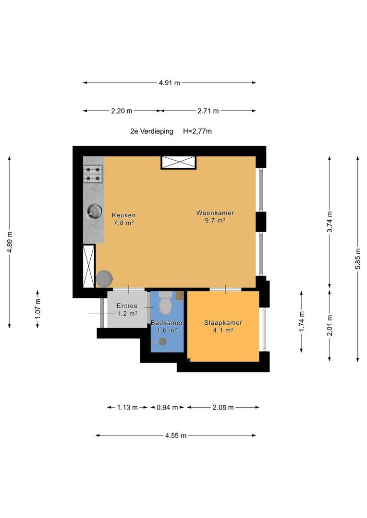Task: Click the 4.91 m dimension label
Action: point(170,82)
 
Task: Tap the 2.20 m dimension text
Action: point(122,111)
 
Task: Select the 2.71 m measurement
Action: point(208,111)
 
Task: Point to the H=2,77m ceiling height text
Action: point(197,131)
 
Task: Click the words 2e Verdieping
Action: point(152,131)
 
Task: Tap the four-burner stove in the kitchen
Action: point(93,174)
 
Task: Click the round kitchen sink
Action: point(94,211)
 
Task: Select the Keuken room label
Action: point(123,215)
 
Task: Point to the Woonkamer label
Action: point(215,213)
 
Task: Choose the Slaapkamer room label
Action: point(223,323)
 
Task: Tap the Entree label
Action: point(127,306)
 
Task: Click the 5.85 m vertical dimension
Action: point(358,259)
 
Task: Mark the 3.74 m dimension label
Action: point(330,222)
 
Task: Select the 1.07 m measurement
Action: point(37,309)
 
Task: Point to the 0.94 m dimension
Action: point(167,407)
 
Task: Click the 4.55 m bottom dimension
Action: point(176,436)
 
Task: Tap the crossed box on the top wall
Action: point(178,163)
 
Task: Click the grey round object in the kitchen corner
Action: point(105,279)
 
